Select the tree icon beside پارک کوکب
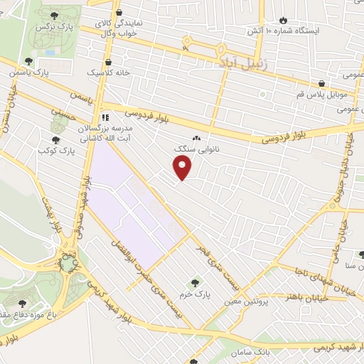click(x=55, y=139)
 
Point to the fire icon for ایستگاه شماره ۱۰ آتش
click(x=285, y=20)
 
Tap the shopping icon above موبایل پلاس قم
click(x=321, y=83)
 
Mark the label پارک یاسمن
click(x=30, y=72)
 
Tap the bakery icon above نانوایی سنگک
click(x=196, y=139)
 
